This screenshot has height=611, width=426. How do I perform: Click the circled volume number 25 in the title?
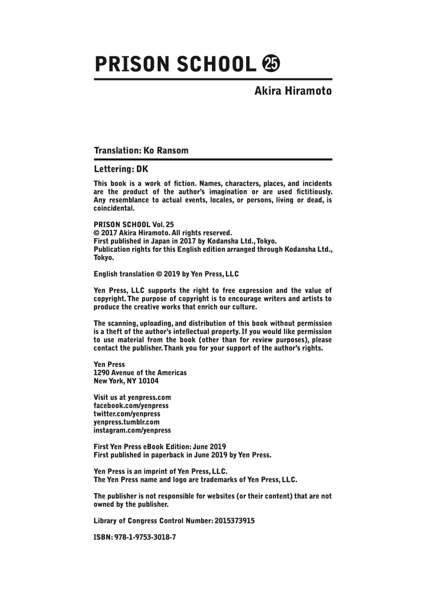[x=271, y=63]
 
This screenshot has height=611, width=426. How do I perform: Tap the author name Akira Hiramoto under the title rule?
[x=293, y=91]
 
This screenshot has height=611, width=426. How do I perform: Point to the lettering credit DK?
[x=142, y=169]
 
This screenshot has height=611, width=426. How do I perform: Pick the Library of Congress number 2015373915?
[x=235, y=521]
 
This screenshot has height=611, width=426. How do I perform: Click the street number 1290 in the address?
[x=101, y=372]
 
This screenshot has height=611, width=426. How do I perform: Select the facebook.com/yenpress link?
[x=131, y=406]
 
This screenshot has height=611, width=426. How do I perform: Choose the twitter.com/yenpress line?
[x=127, y=414]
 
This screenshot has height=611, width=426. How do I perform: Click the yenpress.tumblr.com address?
[x=126, y=422]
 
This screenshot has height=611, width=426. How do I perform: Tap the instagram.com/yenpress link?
[x=132, y=431]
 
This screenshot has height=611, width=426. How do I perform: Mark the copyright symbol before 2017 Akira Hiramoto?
[x=97, y=233]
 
